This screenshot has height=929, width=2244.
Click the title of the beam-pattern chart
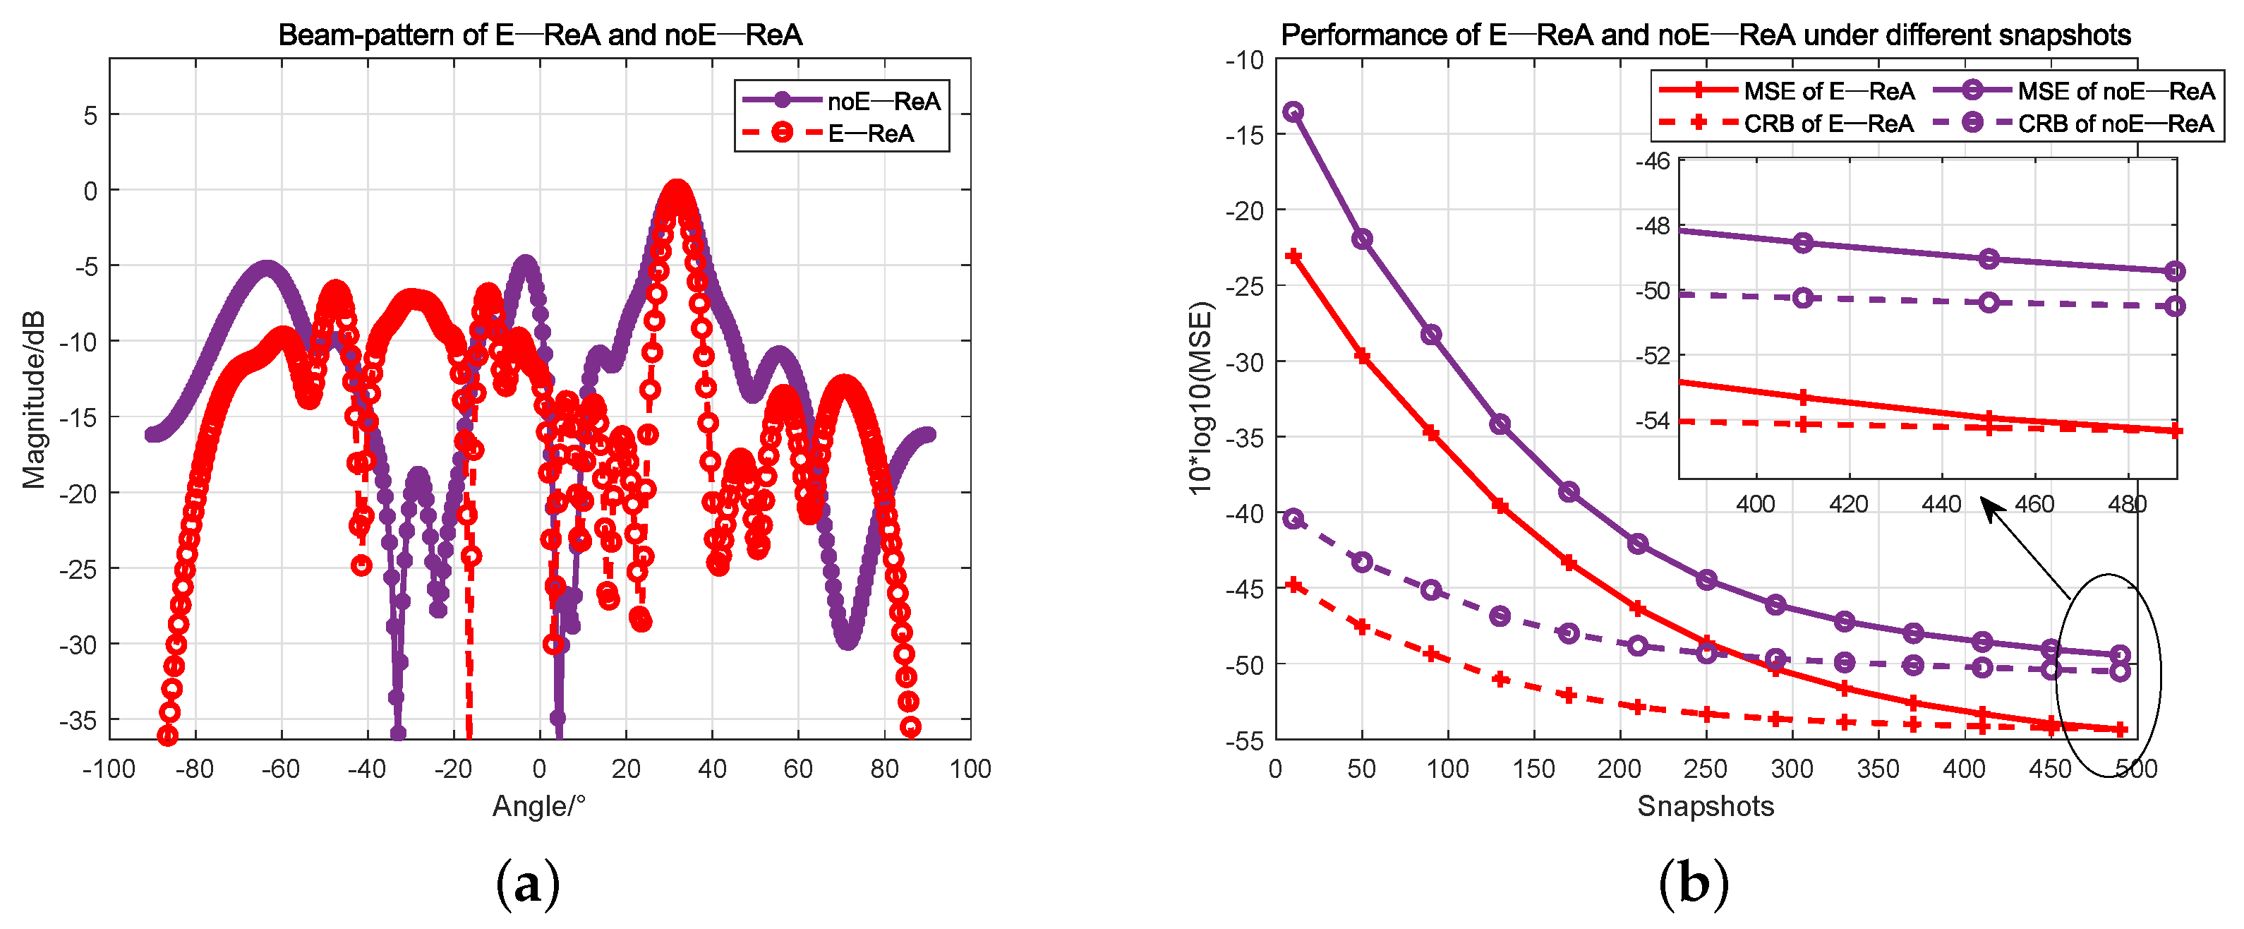(539, 35)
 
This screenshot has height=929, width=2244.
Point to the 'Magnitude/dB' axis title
(34, 398)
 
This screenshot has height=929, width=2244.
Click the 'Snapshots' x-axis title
(1705, 805)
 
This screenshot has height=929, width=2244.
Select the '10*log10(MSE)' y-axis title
(1200, 398)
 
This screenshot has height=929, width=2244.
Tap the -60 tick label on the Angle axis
(279, 769)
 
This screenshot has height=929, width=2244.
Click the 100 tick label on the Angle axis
(970, 769)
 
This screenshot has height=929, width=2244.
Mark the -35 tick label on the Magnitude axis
(78, 721)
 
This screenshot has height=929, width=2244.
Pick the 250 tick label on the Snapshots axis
(1705, 769)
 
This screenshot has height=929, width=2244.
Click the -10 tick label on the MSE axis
(1244, 60)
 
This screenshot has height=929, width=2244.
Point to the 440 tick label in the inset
(1941, 505)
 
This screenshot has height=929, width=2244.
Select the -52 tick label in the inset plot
(1653, 356)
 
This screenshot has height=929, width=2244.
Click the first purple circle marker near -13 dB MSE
(1293, 112)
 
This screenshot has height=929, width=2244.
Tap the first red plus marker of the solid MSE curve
(1293, 256)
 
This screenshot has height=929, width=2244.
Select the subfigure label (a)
(527, 885)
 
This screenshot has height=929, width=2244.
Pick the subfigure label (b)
(1693, 885)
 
